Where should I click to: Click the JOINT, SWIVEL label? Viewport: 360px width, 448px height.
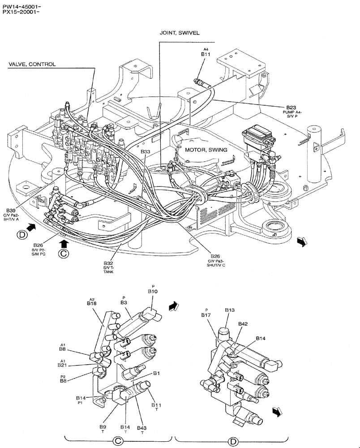point(179,33)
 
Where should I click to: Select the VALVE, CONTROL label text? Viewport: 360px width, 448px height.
point(32,64)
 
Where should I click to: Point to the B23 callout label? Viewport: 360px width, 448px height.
point(291,108)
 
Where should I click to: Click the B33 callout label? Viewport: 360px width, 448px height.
point(145,152)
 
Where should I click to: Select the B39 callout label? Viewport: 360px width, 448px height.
point(11,210)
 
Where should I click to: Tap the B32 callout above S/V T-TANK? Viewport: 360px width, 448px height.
point(108,263)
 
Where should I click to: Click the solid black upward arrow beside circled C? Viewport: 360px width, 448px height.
point(64,243)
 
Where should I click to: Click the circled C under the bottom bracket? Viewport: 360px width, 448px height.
point(118,441)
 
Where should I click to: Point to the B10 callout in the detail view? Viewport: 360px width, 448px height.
point(153,291)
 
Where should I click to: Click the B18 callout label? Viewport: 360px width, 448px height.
point(92,303)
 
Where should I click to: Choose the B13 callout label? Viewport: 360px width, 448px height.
point(230,310)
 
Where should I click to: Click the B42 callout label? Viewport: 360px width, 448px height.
point(243,323)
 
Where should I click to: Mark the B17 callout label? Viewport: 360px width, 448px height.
point(206,315)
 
